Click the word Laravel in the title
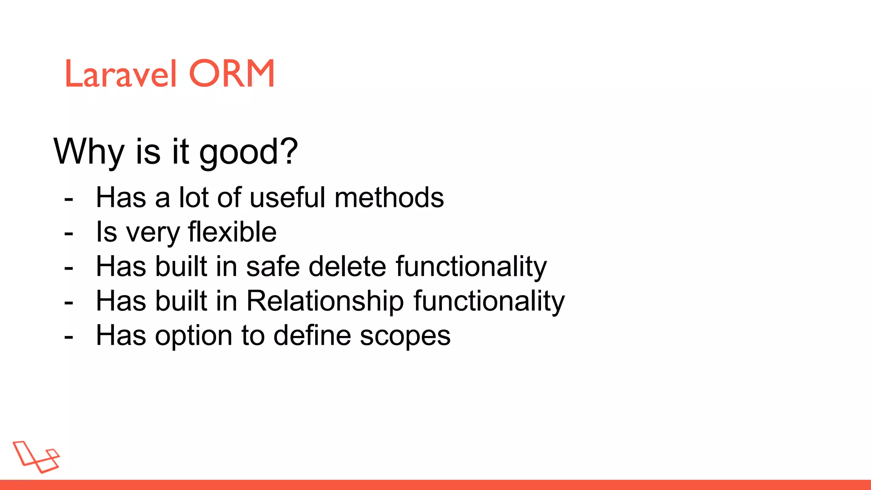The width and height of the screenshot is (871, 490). point(120,74)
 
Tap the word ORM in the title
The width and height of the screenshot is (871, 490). point(232,74)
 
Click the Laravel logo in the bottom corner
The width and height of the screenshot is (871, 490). point(36,456)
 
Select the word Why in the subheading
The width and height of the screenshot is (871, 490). point(89,152)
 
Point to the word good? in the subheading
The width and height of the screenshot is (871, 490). point(248,153)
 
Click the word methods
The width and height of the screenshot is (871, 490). point(389,198)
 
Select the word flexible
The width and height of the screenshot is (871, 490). point(232,232)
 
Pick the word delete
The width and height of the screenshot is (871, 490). point(347,267)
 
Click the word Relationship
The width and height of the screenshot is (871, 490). point(325,302)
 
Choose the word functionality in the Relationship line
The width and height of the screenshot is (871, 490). point(489,302)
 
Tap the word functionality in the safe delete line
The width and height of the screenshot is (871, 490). point(471,267)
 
